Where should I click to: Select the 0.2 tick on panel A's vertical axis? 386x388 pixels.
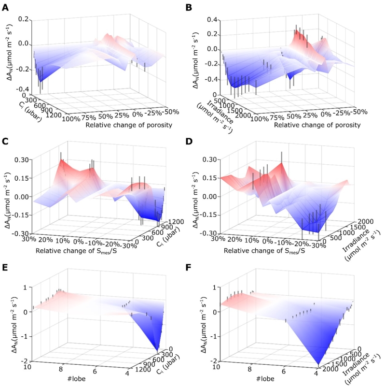[x=24, y=20]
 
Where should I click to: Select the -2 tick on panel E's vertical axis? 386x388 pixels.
[x=22, y=361]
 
